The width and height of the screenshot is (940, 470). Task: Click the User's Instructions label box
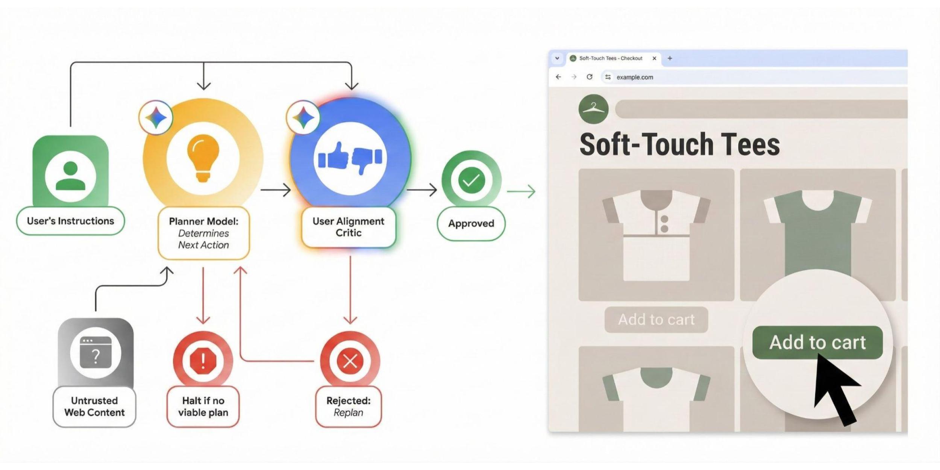pos(70,221)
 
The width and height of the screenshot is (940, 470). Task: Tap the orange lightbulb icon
pos(203,158)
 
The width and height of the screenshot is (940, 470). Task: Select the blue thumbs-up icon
pos(334,155)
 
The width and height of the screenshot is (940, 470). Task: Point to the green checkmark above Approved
pos(471,180)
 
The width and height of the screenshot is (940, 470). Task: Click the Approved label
pos(471,223)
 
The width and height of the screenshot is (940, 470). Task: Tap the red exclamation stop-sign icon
pos(203,361)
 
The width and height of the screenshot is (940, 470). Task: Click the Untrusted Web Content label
pos(94,406)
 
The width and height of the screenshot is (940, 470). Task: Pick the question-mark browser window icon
pos(96,352)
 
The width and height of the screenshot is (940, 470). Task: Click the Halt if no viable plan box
pos(203,406)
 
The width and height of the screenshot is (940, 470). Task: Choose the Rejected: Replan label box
pos(349,406)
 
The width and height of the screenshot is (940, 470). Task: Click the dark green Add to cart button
pos(817,342)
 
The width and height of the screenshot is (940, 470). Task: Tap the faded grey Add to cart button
pos(656,320)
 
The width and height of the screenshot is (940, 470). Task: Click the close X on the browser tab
pos(654,58)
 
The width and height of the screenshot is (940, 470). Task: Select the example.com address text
pos(635,77)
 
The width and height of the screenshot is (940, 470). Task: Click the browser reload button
pos(590,77)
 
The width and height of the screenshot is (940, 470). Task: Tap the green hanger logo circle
pos(593,109)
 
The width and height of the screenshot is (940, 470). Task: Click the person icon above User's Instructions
pos(70,176)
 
